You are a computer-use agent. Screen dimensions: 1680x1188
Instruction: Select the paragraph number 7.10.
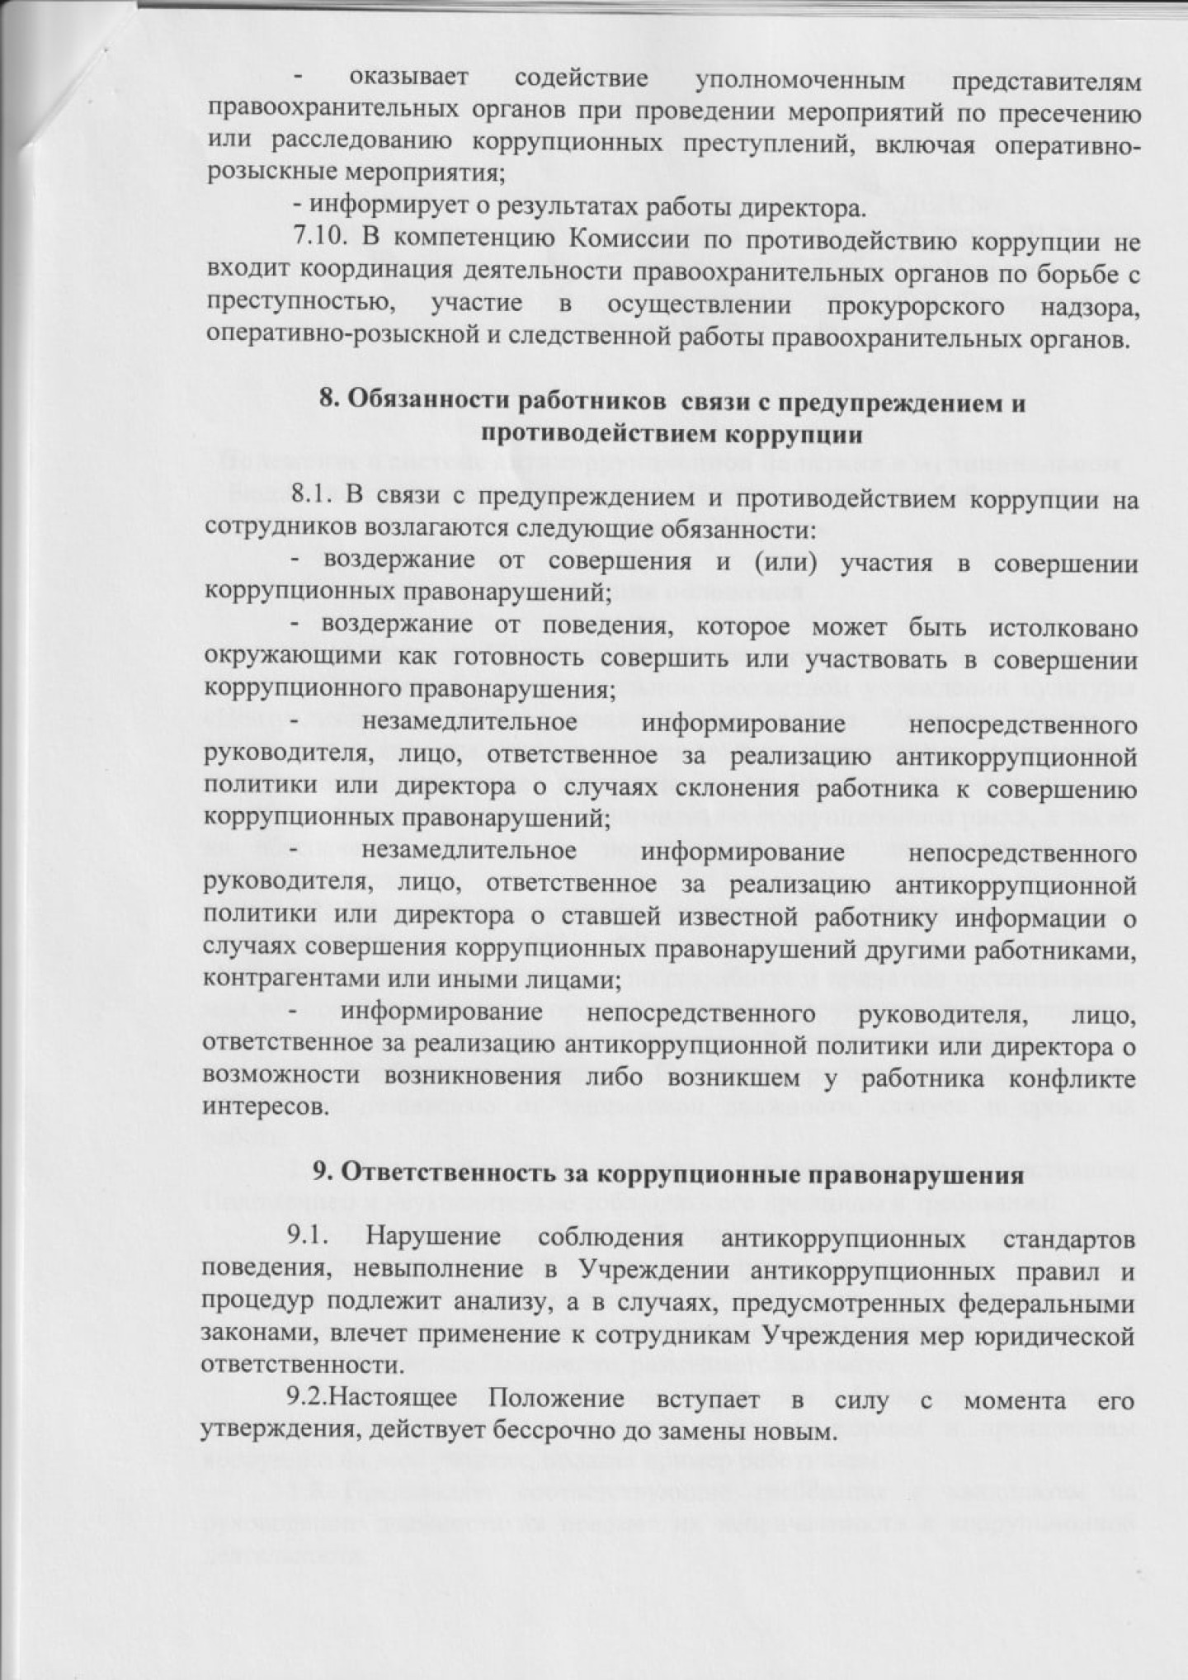pos(324,243)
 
